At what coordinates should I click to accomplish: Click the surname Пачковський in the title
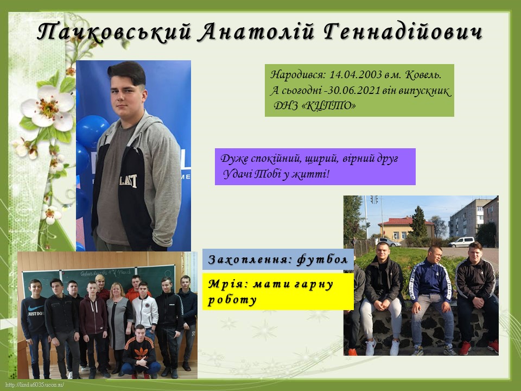pos(115,32)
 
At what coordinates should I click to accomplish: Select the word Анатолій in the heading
pos(257,32)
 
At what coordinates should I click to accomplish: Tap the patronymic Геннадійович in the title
pos(402,32)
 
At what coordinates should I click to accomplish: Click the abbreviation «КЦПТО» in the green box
pos(330,106)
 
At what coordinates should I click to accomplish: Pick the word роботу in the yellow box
pos(232,300)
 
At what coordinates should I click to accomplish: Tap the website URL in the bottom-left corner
pos(34,384)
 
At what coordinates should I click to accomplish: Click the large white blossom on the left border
pos(47,108)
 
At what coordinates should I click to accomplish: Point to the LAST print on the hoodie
pos(129,181)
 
